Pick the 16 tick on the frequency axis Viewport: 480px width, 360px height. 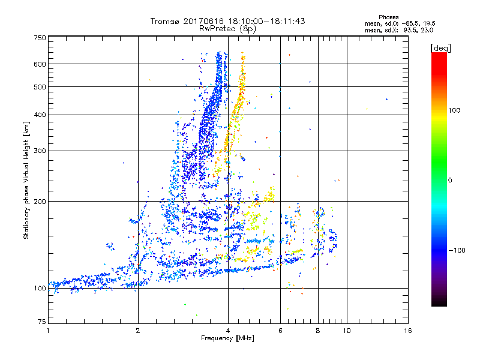pos(407,331)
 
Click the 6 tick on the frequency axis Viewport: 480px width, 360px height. pos(280,331)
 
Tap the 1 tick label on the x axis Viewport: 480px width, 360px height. pos(48,331)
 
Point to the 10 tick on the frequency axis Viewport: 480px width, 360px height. pos(346,331)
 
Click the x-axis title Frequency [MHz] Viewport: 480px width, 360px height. pos(228,339)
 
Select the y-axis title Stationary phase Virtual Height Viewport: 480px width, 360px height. pos(26,180)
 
